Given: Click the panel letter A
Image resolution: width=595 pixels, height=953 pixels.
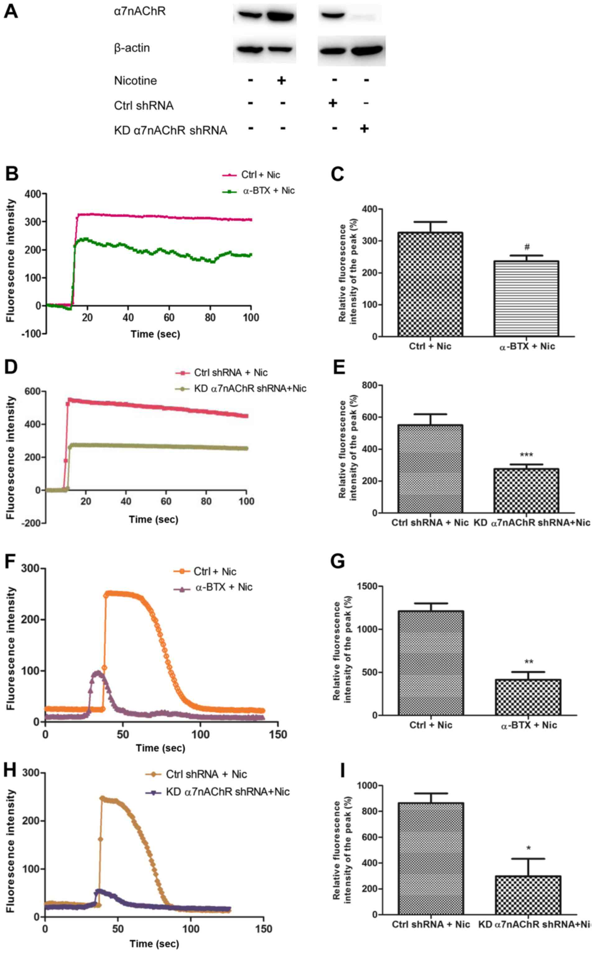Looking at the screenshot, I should click(x=11, y=11).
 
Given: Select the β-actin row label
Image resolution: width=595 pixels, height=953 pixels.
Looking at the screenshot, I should click(x=132, y=48).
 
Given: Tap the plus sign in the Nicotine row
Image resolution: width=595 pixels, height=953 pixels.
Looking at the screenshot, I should click(x=281, y=81).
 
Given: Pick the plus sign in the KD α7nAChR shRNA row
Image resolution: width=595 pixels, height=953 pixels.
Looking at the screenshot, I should click(x=365, y=129).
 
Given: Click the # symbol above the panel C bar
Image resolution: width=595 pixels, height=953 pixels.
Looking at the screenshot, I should click(x=527, y=247).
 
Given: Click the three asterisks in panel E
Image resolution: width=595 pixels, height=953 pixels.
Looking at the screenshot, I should click(x=527, y=455).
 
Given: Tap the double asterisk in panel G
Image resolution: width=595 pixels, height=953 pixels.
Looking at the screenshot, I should click(x=528, y=662).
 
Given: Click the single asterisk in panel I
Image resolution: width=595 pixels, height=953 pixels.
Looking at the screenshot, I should click(x=528, y=849).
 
